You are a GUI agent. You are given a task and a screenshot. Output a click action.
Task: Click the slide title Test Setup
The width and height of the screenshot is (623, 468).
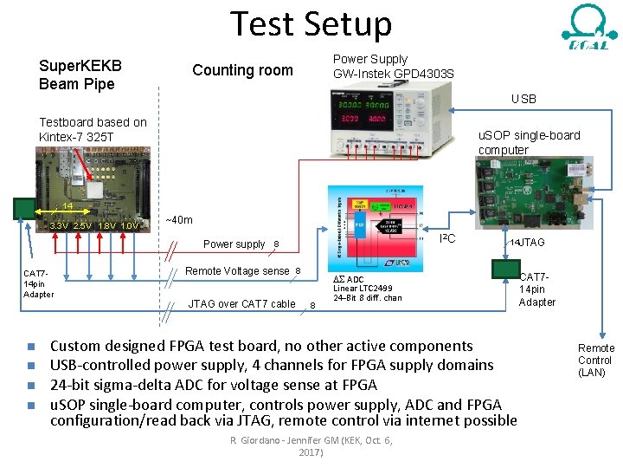tap(311, 23)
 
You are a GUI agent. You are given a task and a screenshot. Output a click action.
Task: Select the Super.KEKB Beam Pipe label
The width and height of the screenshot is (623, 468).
tap(80, 75)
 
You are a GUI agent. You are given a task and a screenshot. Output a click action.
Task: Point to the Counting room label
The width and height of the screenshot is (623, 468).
tap(242, 70)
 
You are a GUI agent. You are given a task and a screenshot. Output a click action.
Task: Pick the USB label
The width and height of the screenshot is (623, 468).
tap(523, 100)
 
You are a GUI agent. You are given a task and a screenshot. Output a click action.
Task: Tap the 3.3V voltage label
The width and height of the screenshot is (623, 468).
tap(59, 226)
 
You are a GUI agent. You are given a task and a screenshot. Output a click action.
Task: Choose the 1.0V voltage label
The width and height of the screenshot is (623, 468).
tap(130, 226)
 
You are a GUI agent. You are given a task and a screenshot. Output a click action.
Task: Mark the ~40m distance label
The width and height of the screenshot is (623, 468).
tap(180, 220)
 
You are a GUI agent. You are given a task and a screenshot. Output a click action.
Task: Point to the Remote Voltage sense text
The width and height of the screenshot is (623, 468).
tap(237, 271)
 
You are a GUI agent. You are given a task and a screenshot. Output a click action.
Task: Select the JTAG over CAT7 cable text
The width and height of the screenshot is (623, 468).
tap(241, 303)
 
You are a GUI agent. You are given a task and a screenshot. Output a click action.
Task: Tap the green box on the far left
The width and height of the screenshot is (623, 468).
tap(24, 209)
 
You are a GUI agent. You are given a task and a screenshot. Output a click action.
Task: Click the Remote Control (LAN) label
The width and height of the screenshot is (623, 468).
tap(595, 361)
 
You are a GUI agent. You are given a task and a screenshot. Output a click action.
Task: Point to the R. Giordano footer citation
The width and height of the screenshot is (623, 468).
tap(311, 446)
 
